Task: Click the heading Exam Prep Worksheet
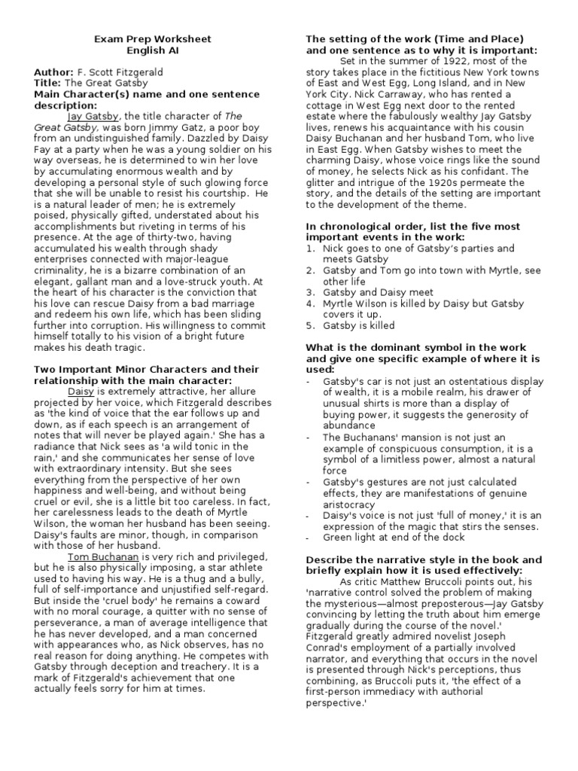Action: pos(152,39)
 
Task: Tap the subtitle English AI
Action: pos(152,50)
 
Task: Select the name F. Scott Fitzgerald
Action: pos(123,72)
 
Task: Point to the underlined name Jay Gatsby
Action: pos(94,117)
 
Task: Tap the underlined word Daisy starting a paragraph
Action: pos(81,392)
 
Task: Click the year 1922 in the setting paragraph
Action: pos(471,61)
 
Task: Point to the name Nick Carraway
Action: pos(373,94)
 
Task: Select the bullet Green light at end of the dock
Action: pos(394,538)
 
